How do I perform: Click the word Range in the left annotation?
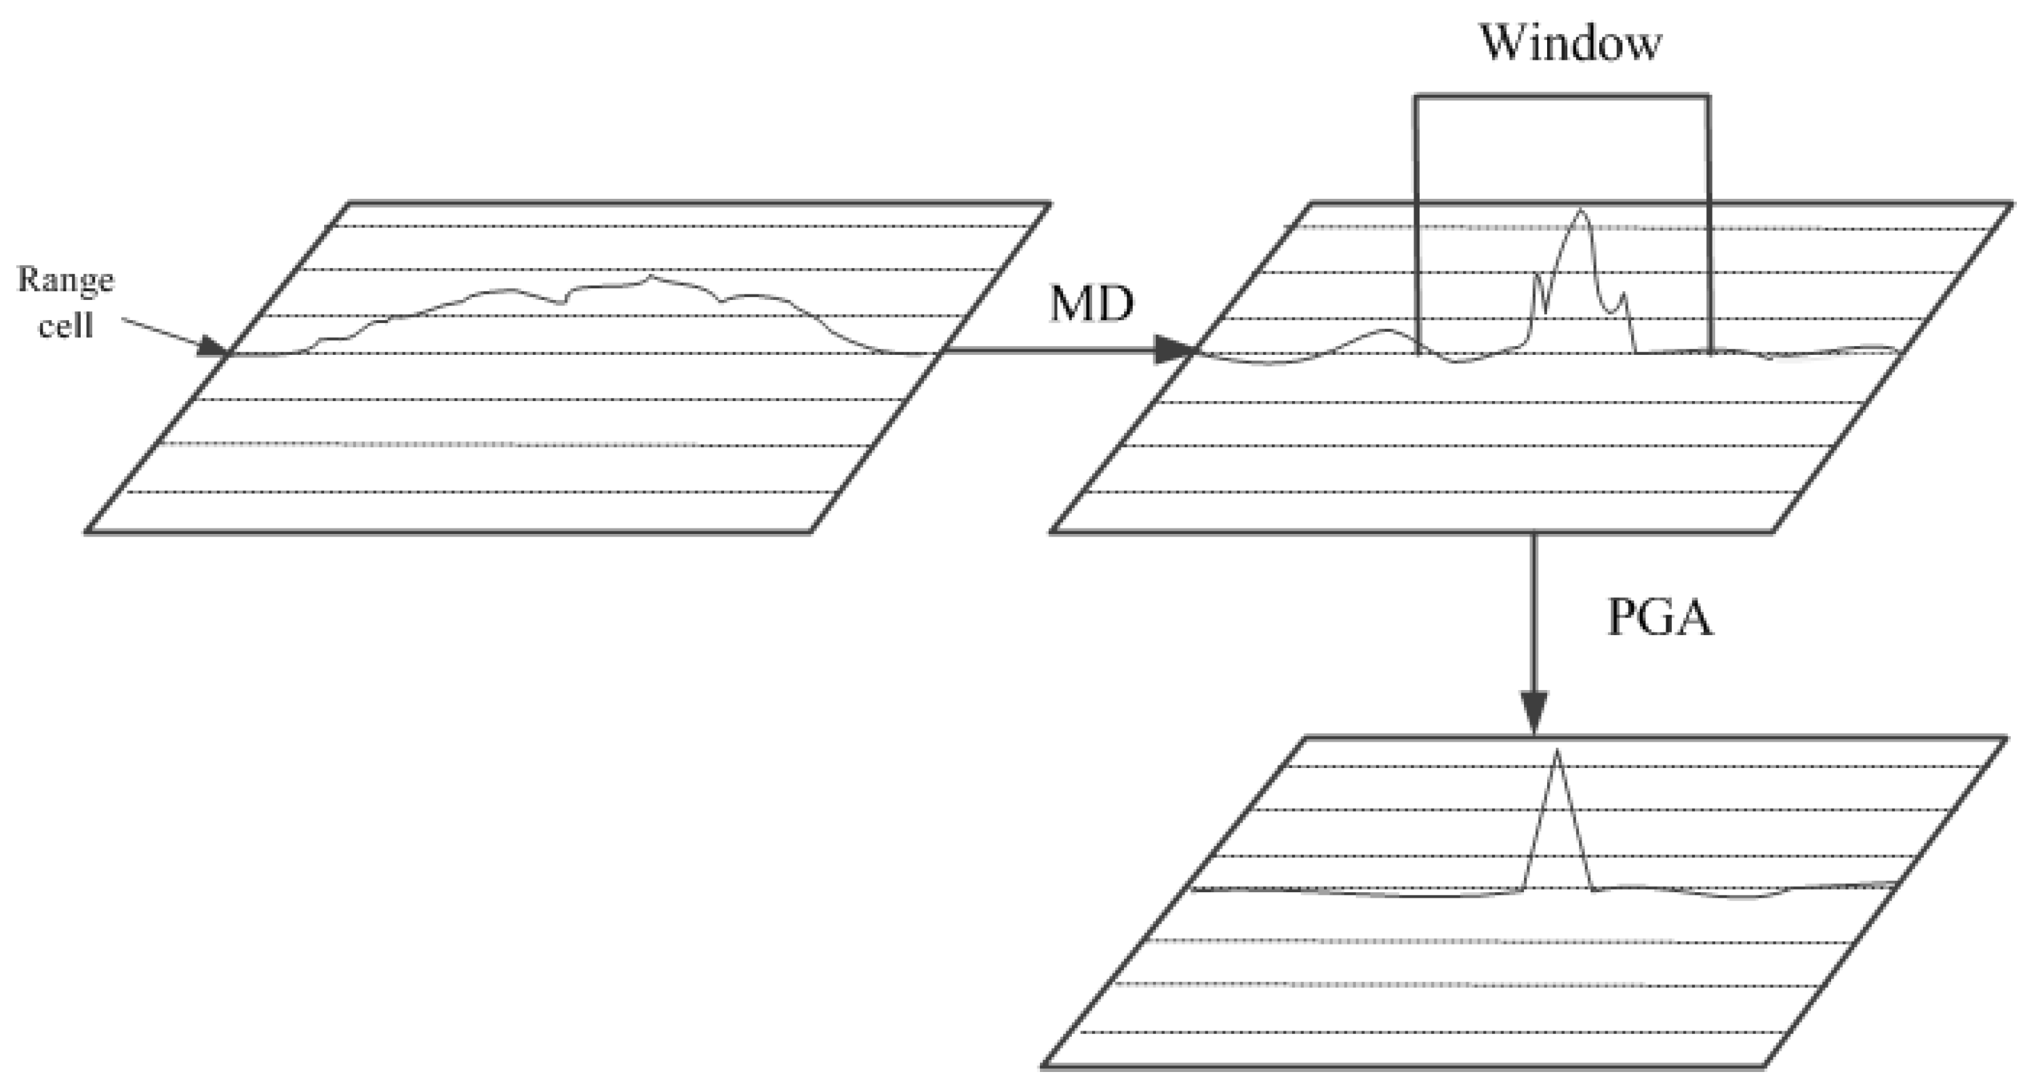[66, 280]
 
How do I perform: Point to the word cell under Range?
[66, 325]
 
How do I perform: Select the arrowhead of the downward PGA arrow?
[1533, 711]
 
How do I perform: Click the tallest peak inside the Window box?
[1581, 211]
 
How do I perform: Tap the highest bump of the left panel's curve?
[651, 276]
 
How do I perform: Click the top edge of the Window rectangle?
[1561, 97]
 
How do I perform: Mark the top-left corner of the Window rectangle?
[1416, 97]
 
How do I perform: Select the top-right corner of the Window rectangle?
[1709, 97]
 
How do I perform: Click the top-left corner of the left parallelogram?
[348, 204]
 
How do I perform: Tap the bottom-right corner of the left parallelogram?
[809, 533]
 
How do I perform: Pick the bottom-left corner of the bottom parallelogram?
[1043, 1067]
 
